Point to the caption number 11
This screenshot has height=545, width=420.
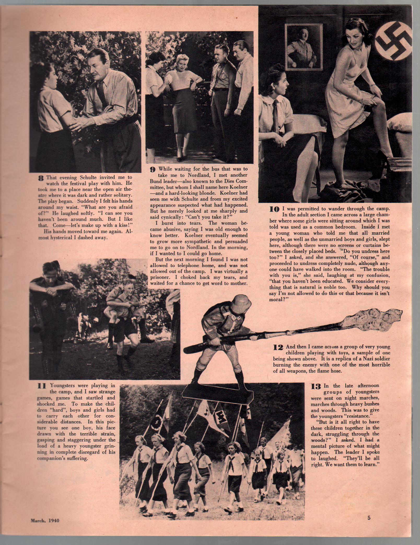click(x=42, y=386)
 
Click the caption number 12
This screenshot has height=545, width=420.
click(x=278, y=347)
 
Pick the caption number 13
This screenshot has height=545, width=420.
click(x=316, y=386)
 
